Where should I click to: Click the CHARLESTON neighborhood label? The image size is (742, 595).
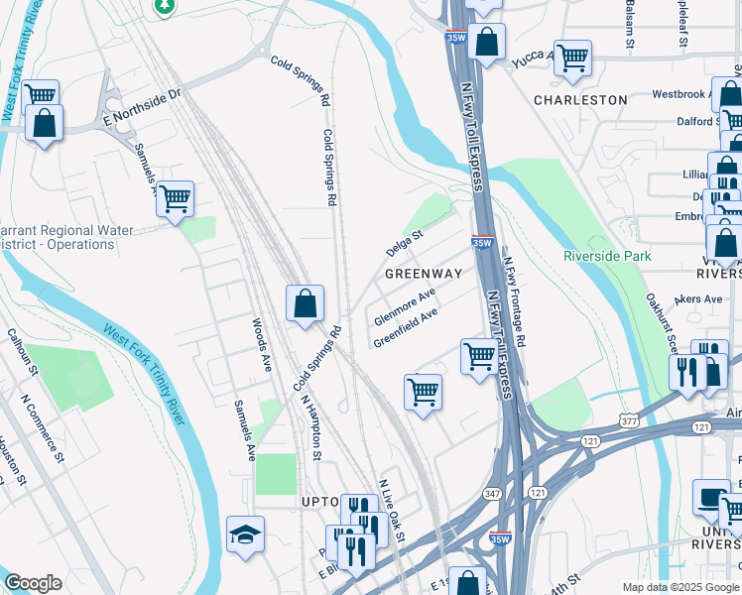pyautogui.click(x=580, y=100)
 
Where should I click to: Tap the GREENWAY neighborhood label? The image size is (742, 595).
pyautogui.click(x=424, y=273)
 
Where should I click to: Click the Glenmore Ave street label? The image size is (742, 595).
pyautogui.click(x=406, y=307)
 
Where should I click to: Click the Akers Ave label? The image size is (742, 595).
pyautogui.click(x=698, y=298)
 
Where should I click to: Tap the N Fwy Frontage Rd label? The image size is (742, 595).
pyautogui.click(x=514, y=302)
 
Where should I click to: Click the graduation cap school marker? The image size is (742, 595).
pyautogui.click(x=245, y=535)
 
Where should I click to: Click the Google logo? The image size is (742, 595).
pyautogui.click(x=33, y=583)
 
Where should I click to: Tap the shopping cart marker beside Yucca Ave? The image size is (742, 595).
pyautogui.click(x=572, y=59)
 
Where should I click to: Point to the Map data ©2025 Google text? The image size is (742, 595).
pyautogui.click(x=680, y=587)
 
